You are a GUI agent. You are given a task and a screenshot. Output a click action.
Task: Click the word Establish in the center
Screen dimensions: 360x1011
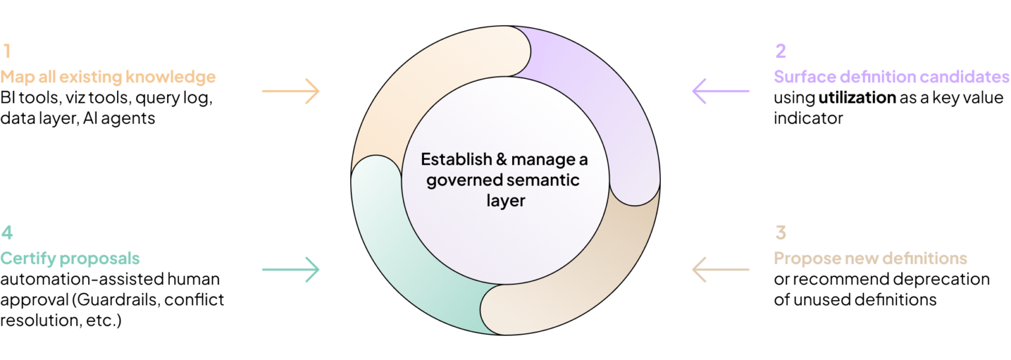447,160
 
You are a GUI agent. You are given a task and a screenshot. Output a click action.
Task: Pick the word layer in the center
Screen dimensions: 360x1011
505,201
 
